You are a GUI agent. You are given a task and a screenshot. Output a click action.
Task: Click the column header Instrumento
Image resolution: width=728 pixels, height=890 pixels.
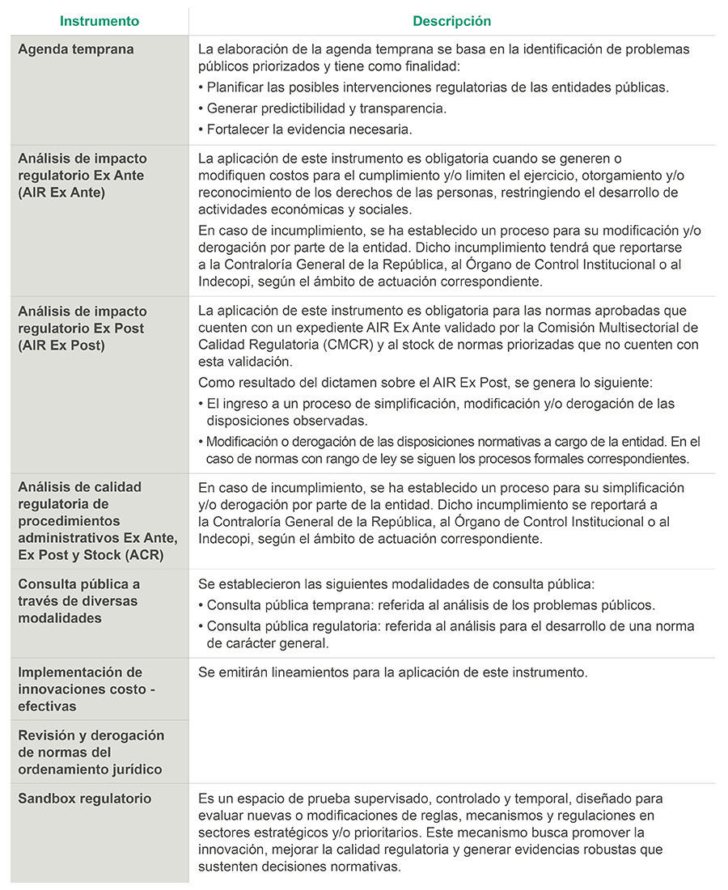point(99,21)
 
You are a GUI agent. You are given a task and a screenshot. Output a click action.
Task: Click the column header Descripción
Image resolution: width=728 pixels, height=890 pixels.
point(451,21)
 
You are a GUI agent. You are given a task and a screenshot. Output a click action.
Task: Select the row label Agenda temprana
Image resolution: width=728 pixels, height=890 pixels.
point(76,49)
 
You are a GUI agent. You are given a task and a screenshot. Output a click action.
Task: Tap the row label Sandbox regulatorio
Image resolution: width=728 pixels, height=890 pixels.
point(85,799)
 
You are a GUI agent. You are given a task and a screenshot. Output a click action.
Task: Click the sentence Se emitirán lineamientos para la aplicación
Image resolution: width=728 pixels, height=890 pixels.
point(392,672)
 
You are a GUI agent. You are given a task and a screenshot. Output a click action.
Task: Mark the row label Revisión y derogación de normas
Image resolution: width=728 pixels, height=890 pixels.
point(91,752)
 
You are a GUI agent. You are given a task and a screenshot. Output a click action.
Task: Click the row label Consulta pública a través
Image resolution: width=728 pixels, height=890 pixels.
point(78,601)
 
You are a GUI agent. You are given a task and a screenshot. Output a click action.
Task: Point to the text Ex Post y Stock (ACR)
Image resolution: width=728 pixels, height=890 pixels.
point(91,554)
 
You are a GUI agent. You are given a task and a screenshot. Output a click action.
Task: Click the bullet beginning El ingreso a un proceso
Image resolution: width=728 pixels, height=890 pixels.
point(441,404)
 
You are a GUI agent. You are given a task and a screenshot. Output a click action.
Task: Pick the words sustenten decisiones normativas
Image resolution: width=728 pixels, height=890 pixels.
point(299,867)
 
